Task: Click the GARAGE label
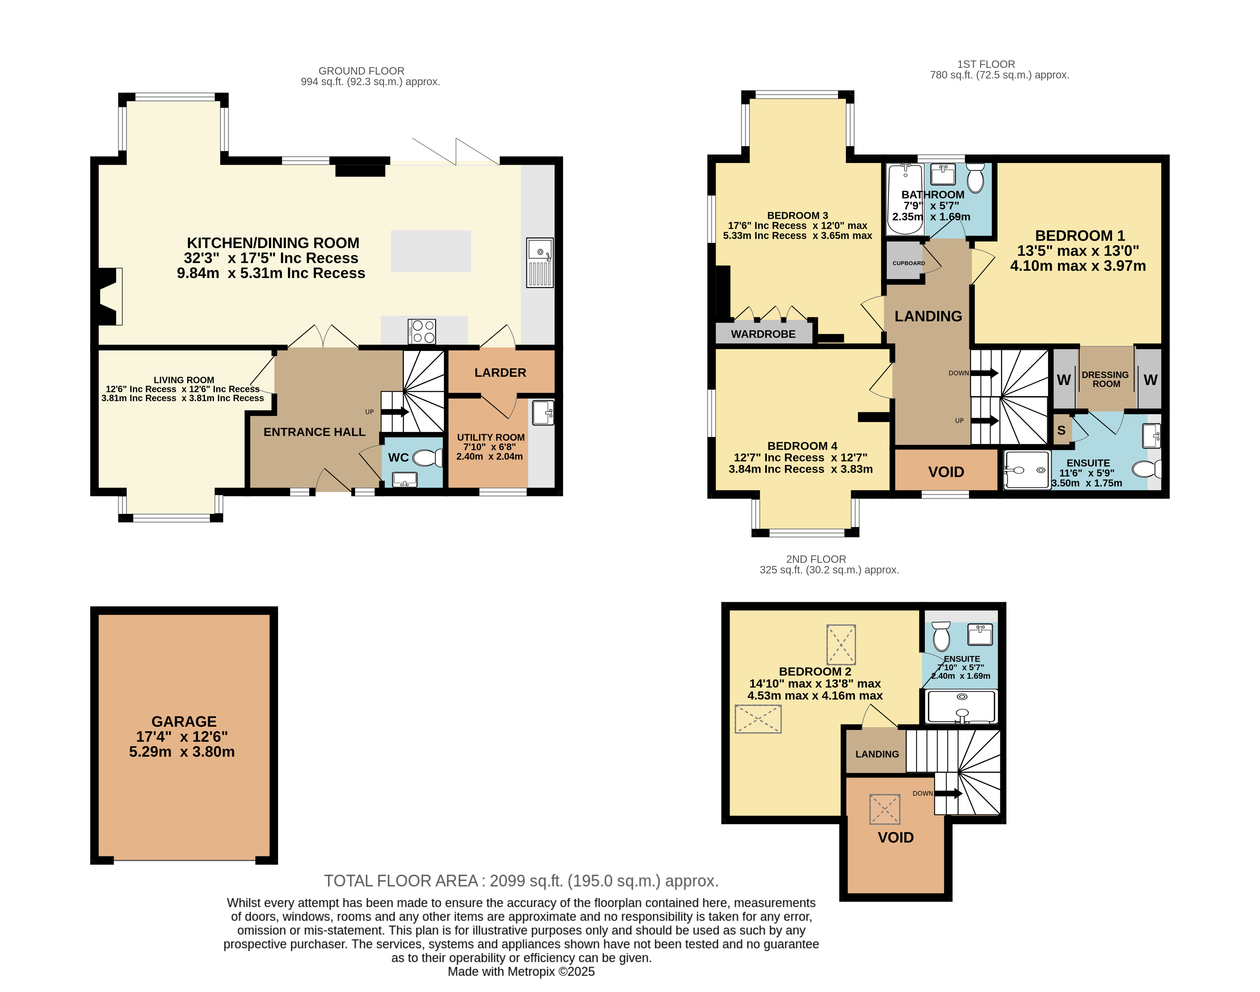[x=184, y=721]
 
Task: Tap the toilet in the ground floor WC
[x=428, y=458]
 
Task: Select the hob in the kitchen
[x=422, y=332]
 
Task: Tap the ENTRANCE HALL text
[x=315, y=432]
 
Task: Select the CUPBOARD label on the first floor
[x=909, y=263]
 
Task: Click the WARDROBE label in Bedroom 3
[x=763, y=334]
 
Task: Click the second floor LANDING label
[x=877, y=754]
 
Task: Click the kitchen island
[x=431, y=252]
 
